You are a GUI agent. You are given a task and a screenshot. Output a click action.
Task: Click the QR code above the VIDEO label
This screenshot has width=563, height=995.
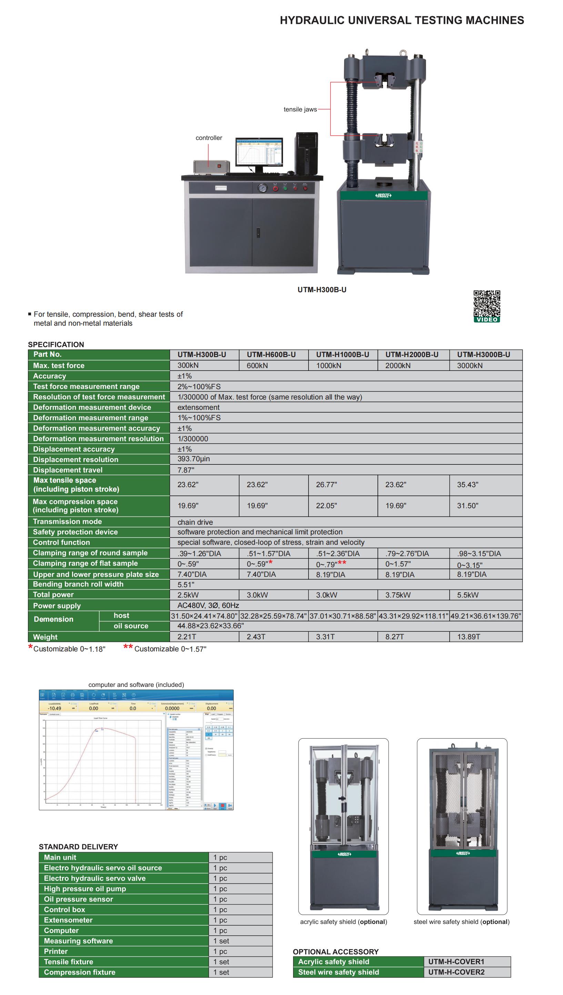(487, 303)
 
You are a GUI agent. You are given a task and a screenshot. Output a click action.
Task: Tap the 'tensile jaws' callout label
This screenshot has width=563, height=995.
(300, 109)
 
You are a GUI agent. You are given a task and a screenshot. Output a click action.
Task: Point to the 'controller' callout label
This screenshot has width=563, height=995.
(209, 138)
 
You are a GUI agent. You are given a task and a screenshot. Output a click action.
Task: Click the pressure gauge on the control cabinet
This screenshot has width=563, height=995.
(262, 188)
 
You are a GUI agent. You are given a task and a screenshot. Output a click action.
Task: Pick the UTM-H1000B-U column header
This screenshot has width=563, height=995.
(342, 355)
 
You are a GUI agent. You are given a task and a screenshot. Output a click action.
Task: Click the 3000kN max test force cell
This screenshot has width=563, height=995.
(470, 366)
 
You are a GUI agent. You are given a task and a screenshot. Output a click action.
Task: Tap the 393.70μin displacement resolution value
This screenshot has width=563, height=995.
(193, 459)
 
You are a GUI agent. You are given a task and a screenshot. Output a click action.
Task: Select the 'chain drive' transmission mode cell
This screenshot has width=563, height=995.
(195, 522)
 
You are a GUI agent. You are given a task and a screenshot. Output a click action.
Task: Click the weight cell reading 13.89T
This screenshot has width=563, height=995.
(468, 637)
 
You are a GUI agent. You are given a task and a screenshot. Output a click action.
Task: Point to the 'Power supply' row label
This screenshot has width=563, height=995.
(57, 606)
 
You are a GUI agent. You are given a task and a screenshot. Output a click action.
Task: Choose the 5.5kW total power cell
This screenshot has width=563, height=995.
(468, 595)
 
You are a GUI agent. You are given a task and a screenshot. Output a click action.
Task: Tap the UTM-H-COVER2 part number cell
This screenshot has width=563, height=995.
(456, 972)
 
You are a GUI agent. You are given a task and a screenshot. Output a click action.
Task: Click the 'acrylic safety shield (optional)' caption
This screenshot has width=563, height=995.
(343, 922)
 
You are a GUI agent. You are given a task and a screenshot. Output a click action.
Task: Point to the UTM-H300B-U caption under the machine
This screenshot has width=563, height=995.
(322, 290)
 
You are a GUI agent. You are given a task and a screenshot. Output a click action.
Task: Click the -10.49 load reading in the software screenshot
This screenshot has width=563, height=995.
(54, 708)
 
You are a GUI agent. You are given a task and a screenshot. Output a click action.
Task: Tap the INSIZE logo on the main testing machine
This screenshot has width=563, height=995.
(383, 195)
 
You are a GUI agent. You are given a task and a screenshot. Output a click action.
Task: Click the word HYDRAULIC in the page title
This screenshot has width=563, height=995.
(312, 20)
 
